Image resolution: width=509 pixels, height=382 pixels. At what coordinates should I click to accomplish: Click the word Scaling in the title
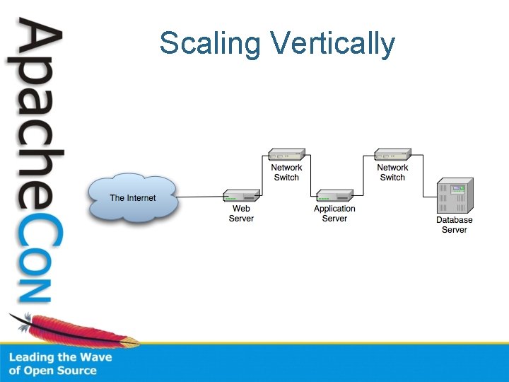click(210, 43)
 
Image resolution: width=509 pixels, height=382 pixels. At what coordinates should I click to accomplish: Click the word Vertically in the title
click(333, 44)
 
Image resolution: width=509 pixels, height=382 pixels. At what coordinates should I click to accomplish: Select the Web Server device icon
click(241, 195)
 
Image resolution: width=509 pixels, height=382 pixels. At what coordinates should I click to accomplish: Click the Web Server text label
click(241, 214)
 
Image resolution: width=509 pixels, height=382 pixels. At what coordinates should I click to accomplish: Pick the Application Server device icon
click(334, 195)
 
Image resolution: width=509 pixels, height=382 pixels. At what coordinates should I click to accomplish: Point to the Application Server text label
click(334, 214)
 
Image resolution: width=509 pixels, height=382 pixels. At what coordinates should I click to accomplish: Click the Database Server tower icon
click(454, 197)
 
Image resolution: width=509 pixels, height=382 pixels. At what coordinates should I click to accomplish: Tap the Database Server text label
click(454, 225)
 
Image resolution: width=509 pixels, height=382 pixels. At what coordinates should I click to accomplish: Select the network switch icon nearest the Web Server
click(286, 155)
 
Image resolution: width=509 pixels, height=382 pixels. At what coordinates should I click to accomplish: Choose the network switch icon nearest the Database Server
click(392, 155)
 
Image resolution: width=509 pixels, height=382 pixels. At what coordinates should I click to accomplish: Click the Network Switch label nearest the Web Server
click(286, 173)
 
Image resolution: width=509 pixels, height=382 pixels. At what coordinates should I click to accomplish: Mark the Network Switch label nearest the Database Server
click(392, 173)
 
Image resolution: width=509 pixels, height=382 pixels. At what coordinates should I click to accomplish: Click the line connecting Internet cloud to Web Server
click(200, 197)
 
